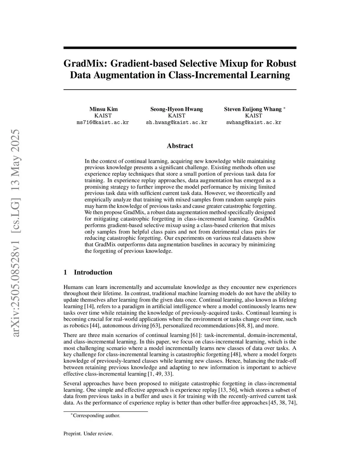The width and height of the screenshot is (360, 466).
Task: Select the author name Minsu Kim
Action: point(103,109)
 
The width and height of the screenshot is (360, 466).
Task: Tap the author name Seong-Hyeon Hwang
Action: point(176,109)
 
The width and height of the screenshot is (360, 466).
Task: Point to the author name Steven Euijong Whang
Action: point(253,109)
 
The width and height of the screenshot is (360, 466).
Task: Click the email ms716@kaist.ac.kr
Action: point(103,123)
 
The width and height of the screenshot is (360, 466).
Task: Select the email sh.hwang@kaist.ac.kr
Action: point(176,123)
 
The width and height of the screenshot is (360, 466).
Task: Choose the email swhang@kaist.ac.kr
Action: point(253,123)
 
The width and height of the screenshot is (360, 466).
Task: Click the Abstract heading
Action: point(180,146)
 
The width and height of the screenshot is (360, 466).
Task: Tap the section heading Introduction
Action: point(93,272)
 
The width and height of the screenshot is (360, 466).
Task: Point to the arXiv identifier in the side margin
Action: point(15,232)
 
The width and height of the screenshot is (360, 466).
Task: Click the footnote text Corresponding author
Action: point(96,415)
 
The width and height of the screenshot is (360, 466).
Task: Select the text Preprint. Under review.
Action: point(88,434)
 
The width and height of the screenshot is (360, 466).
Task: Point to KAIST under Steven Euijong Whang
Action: point(253,116)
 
